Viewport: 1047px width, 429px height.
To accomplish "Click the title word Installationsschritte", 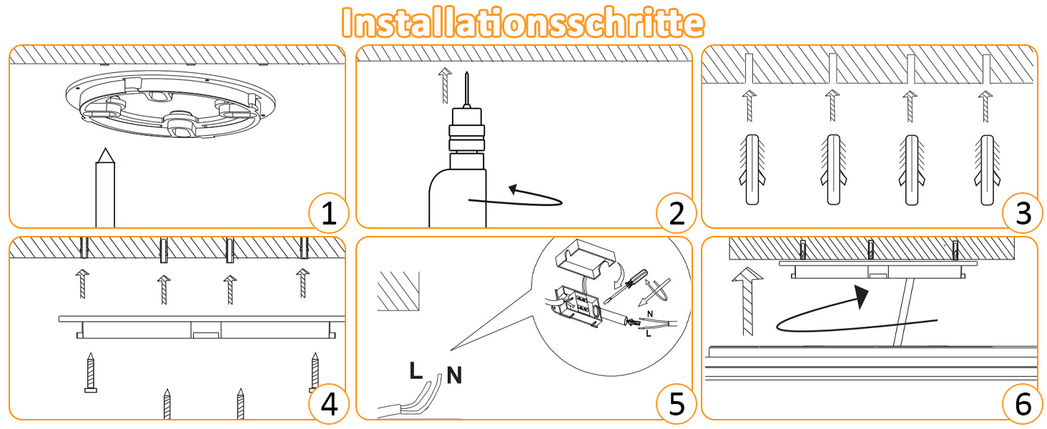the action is click(x=523, y=22).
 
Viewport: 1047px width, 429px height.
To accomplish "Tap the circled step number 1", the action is click(x=329, y=213).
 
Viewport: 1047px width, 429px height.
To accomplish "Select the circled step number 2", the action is click(x=677, y=213).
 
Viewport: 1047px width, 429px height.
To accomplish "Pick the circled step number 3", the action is click(x=1023, y=213).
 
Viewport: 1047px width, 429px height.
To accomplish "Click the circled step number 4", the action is click(x=329, y=404).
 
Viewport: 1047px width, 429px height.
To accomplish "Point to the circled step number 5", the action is click(x=677, y=404).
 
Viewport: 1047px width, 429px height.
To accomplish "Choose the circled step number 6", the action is click(x=1023, y=404).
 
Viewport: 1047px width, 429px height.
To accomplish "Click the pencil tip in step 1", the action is click(x=106, y=149).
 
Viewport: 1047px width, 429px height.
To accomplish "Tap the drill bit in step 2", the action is click(x=466, y=89).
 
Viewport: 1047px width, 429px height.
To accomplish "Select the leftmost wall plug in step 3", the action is click(x=752, y=169).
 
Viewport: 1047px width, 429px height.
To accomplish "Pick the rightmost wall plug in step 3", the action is click(x=987, y=169).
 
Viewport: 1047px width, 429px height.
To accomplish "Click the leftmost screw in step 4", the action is click(x=91, y=373).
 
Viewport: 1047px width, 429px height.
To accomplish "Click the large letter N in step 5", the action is click(x=454, y=375).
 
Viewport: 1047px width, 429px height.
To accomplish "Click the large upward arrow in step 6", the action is click(x=747, y=302).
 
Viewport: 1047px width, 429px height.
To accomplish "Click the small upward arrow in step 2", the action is click(x=445, y=86).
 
